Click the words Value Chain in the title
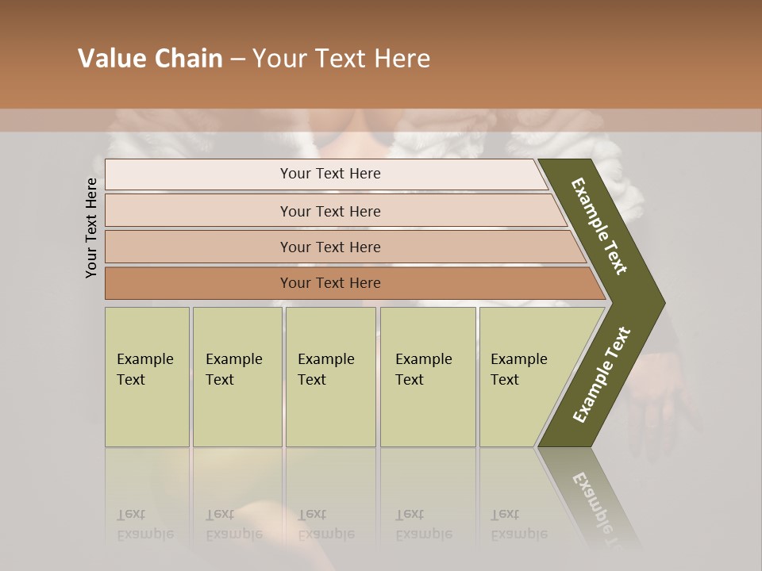pos(150,59)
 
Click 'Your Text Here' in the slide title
pos(341,59)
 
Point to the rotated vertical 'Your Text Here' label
pos(92,228)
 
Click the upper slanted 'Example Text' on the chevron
pos(599,226)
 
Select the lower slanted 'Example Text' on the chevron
pos(602,374)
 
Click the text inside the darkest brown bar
pos(330,283)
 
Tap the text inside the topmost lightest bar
pos(330,174)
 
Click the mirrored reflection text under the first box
pos(145,524)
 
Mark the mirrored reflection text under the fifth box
pos(519,524)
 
